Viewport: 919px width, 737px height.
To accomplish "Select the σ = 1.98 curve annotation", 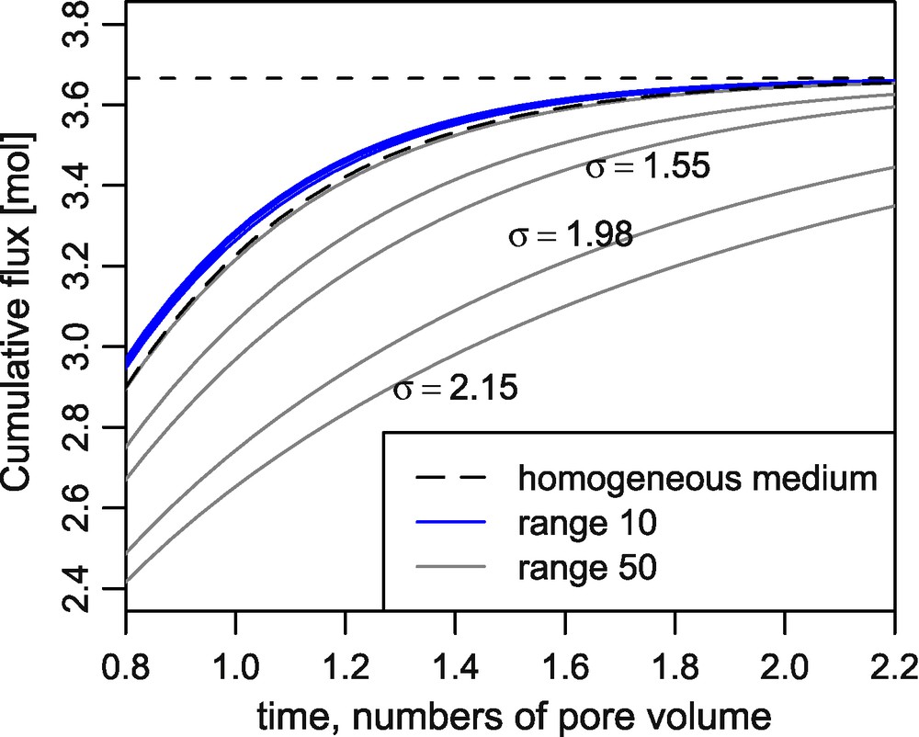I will (x=571, y=236).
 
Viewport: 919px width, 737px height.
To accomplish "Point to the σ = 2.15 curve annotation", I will (x=456, y=389).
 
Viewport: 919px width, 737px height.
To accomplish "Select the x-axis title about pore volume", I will (x=509, y=712).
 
